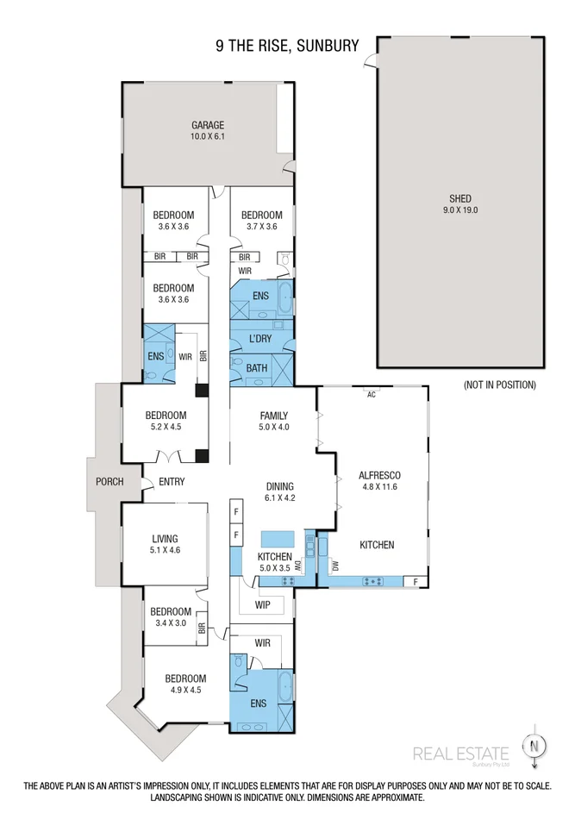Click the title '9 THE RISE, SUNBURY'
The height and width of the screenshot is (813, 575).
coord(287,45)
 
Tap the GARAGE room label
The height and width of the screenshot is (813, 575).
coord(207,125)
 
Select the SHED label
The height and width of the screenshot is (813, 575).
coord(460,197)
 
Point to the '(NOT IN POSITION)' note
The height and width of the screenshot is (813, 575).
coord(499,385)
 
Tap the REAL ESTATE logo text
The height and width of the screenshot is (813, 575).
coord(460,754)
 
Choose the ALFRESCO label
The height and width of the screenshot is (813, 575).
coord(379,475)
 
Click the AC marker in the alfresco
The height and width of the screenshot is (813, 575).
coord(372,395)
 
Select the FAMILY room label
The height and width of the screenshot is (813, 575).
coord(273,416)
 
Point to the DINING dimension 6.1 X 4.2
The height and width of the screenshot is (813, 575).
coord(279,497)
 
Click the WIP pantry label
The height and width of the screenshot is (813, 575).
coord(263,605)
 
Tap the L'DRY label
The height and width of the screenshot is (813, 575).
coord(259,339)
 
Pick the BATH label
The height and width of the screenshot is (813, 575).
coord(257,368)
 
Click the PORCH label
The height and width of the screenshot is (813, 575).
coord(109,482)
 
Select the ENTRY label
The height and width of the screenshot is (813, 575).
coord(172,482)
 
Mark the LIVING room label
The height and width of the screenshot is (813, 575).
coord(164,539)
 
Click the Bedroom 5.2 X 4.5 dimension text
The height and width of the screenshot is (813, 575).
coord(167,427)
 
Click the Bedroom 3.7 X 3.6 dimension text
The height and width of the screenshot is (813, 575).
coord(261,227)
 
